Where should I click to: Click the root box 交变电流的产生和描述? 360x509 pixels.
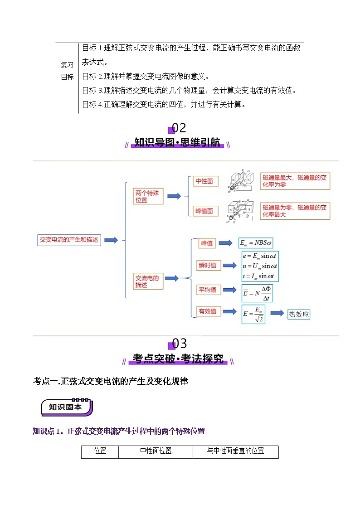[69, 240]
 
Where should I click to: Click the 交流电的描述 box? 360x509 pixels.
[148, 281]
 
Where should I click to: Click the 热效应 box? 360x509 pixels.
[299, 314]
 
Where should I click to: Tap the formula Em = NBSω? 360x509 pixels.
[257, 243]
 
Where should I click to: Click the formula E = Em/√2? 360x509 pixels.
[253, 314]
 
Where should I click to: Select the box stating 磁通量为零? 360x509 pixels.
[295, 211]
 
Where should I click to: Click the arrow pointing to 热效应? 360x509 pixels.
[277, 314]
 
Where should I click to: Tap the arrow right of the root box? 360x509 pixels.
[111, 240]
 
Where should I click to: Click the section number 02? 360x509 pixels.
[179, 128]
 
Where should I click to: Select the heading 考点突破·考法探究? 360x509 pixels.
[178, 359]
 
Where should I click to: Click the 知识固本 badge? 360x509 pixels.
[66, 407]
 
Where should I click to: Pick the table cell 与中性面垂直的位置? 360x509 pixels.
[235, 451]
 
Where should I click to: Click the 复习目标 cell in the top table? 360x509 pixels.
[67, 71]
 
